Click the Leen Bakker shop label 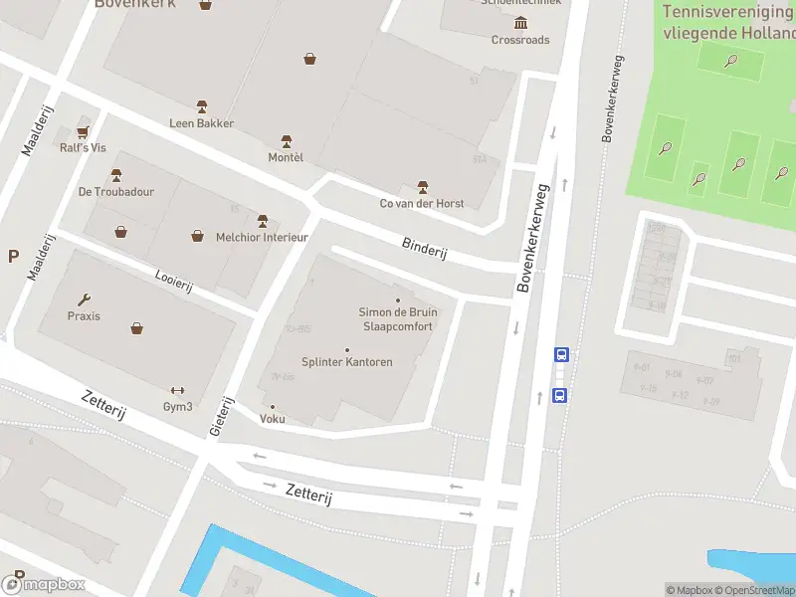point(201,123)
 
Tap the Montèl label point(286,157)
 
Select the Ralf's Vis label point(82,147)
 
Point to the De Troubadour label point(116,191)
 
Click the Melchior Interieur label point(262,237)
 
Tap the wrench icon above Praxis point(85,299)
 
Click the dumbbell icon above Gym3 point(178,390)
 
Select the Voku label point(272,419)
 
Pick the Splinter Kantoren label point(346,362)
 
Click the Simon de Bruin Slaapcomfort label point(398,318)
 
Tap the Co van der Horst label point(422,203)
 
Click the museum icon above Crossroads point(520,24)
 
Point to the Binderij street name point(425,248)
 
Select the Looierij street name point(173,281)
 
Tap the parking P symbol point(13,256)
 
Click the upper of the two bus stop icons point(561,354)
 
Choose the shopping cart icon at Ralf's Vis point(83,131)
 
